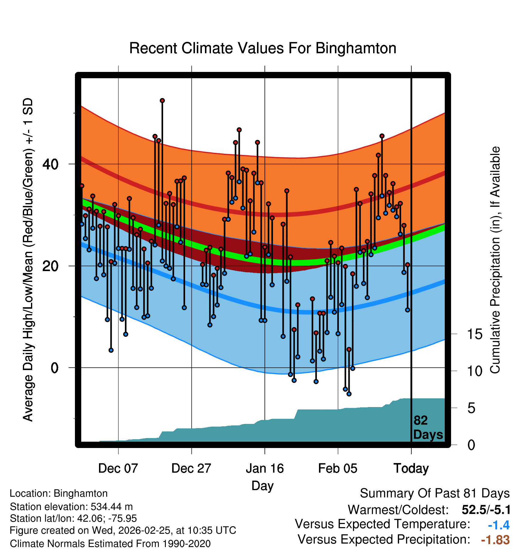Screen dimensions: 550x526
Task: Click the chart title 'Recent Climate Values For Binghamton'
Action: click(263, 48)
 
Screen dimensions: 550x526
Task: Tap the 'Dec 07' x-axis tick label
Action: click(118, 468)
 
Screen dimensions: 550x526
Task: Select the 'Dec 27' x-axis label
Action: click(191, 468)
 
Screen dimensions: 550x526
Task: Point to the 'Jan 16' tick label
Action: click(265, 468)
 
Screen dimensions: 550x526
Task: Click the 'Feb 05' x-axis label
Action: click(338, 468)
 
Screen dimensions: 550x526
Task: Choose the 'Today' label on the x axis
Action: click(411, 468)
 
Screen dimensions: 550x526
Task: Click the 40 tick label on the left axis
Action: click(51, 164)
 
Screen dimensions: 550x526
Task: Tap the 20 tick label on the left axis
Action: click(51, 266)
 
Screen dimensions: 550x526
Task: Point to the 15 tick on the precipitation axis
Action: click(475, 334)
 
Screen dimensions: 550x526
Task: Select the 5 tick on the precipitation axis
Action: click(471, 408)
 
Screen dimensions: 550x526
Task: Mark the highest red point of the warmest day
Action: click(162, 100)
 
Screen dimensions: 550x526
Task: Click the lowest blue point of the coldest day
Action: click(349, 394)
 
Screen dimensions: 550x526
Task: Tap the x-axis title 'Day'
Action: click(262, 486)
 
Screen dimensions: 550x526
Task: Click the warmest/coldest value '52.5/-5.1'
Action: click(486, 510)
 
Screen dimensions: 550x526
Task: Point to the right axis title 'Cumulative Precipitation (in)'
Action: click(495, 260)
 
